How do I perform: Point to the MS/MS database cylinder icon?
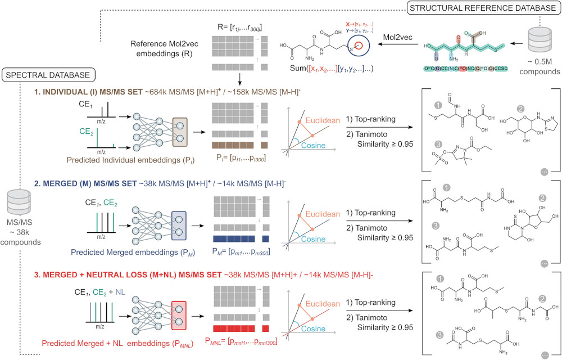(x=19, y=201)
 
